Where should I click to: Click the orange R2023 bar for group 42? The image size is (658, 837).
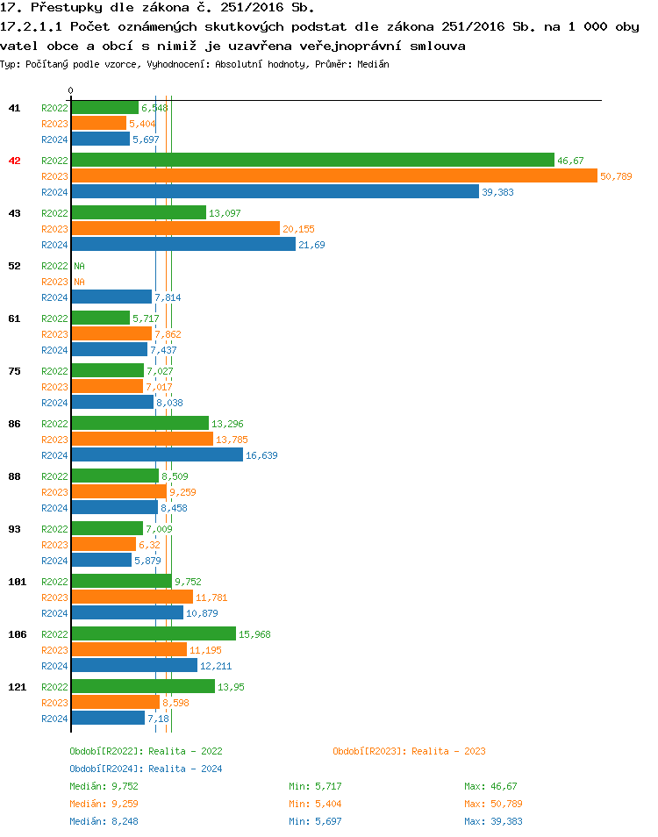333,176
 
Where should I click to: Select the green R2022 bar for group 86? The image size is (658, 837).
139,423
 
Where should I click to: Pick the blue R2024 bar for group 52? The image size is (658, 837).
111,297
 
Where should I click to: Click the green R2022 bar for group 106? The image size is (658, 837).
153,633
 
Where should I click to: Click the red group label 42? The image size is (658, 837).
14,161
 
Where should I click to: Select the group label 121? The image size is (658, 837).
17,687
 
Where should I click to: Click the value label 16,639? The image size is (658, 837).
261,455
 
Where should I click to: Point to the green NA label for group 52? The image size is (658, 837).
79,266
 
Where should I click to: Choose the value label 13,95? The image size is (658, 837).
231,687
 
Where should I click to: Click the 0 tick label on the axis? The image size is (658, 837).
70,90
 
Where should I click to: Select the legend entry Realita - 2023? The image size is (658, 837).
409,751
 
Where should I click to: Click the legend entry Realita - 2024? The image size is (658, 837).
146,769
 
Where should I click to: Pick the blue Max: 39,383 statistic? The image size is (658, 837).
493,821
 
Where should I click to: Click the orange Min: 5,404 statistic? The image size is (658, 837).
315,804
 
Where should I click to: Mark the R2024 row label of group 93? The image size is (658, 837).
54,561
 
